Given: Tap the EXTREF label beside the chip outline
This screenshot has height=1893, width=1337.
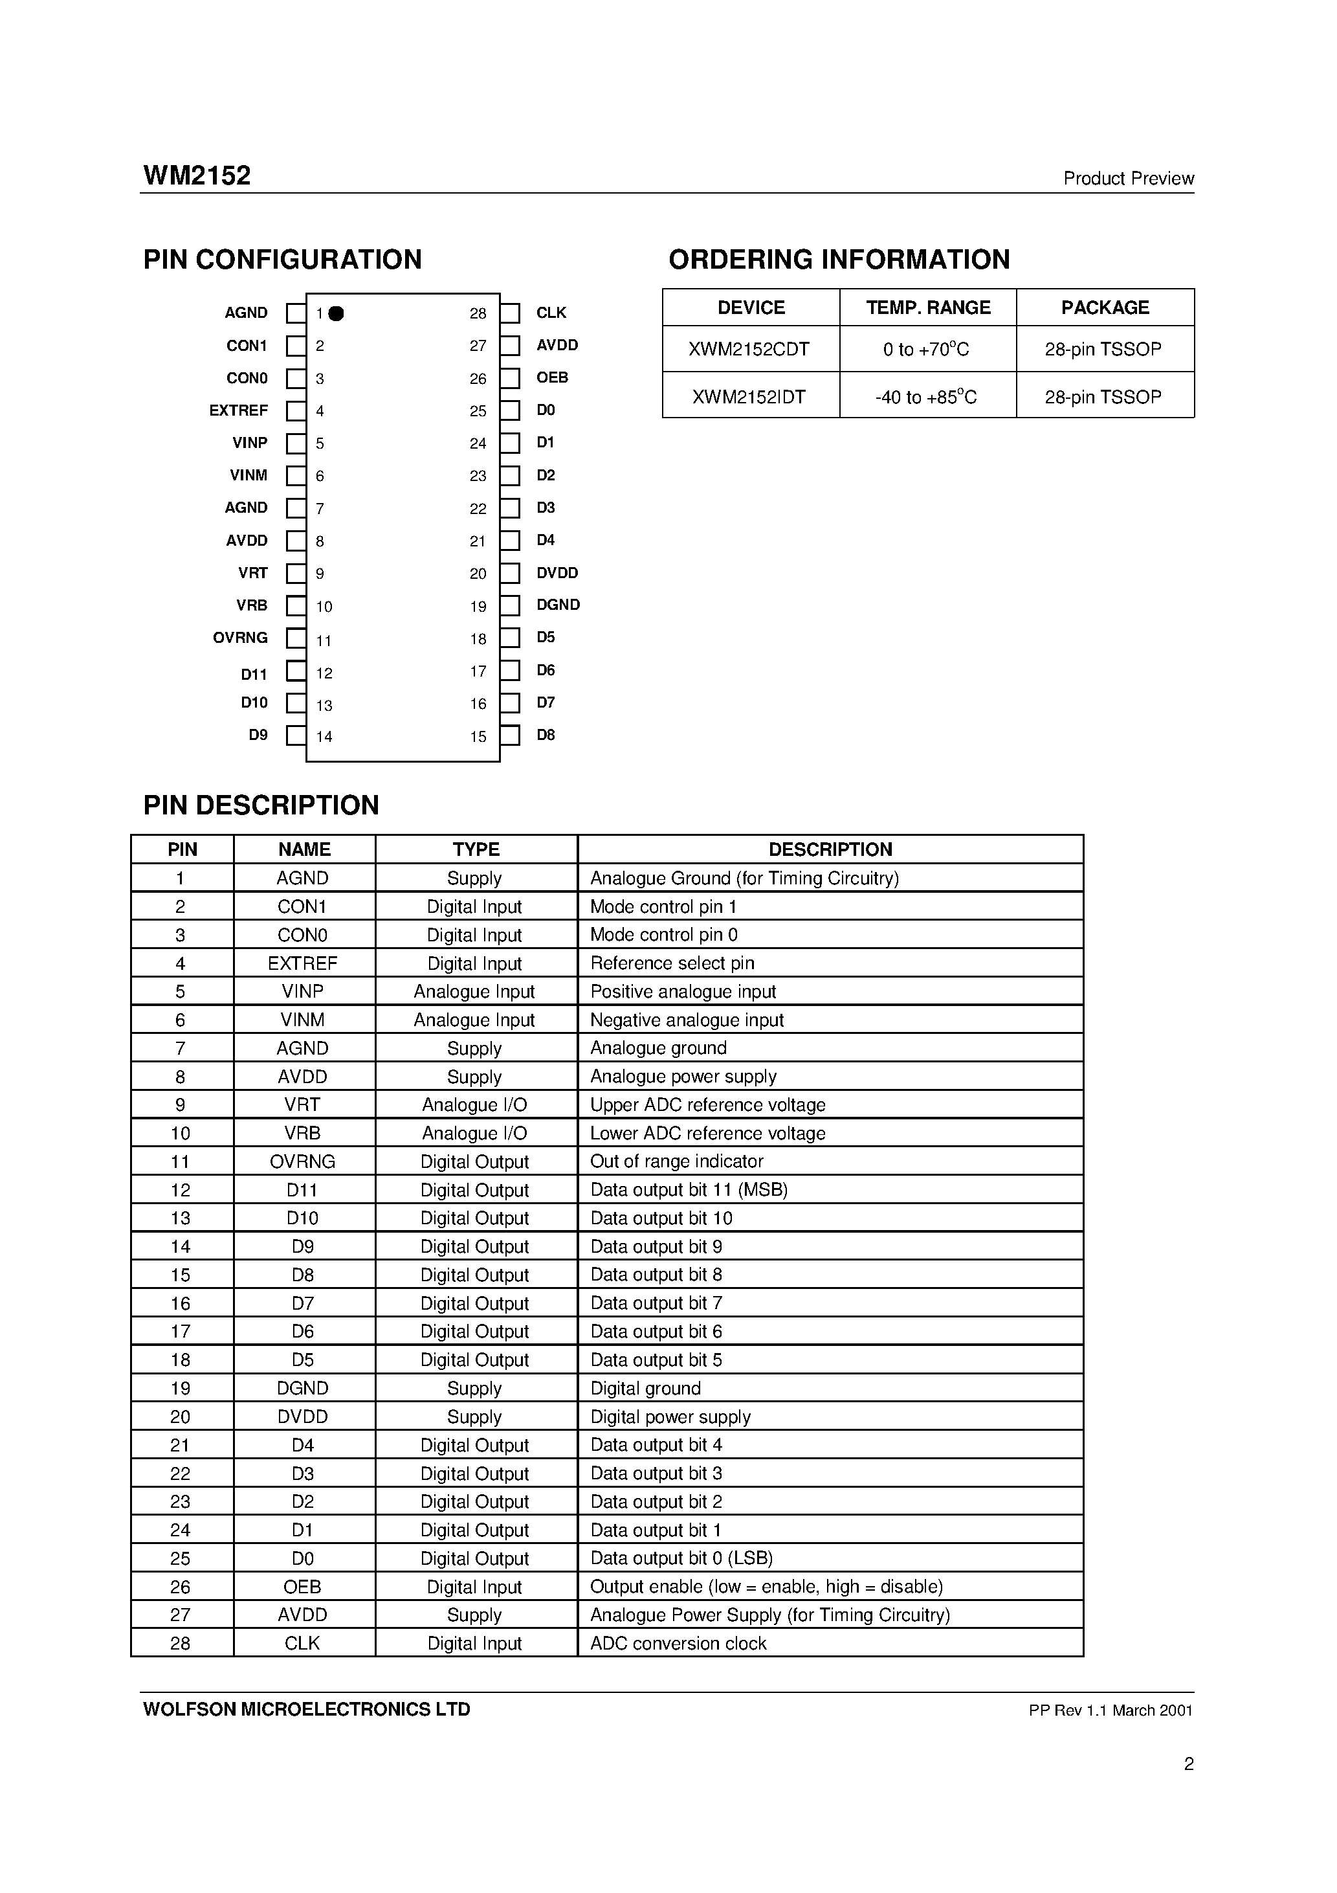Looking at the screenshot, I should [238, 410].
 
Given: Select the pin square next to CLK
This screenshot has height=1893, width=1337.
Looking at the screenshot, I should [510, 313].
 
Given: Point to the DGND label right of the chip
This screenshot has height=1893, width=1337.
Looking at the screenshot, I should [558, 605].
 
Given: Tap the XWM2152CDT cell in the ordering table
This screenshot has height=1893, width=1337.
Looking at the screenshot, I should [749, 350].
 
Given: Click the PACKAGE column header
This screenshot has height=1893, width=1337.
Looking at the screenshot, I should [1105, 308].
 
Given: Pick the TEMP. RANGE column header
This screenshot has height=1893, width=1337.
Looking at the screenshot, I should [927, 308].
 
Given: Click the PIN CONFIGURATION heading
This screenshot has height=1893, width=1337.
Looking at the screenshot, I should [282, 260].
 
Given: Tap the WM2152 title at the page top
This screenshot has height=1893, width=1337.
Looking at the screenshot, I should [197, 175].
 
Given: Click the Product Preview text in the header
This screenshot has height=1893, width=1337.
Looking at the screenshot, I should [1127, 179].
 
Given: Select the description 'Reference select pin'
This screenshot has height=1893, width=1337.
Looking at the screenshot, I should [672, 963].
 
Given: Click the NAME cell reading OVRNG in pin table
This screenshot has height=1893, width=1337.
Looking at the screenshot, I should [302, 1161].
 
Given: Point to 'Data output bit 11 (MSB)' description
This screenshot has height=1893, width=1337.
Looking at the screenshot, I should [689, 1190].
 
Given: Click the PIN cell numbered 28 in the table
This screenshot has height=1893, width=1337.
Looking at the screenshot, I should [181, 1643].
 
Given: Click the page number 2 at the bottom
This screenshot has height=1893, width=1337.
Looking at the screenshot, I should [1188, 1764].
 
